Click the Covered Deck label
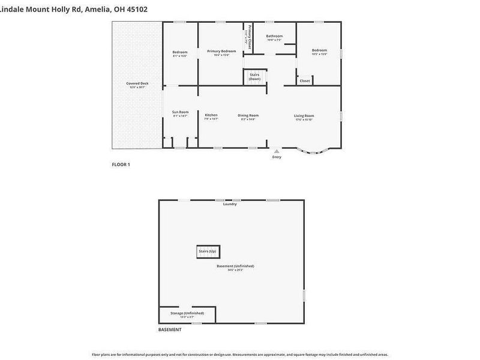(x=137, y=83)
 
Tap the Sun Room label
(x=180, y=112)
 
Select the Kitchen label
(x=211, y=115)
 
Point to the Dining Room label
(x=248, y=115)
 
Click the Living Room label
(x=304, y=116)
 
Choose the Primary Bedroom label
(x=221, y=52)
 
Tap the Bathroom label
(x=274, y=36)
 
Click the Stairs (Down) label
(x=255, y=77)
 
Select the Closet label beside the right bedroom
(x=305, y=80)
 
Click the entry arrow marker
(x=276, y=151)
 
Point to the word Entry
(x=277, y=157)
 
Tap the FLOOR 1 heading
(x=121, y=164)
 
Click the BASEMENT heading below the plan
(x=170, y=330)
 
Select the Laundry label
(x=230, y=204)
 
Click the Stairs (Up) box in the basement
(x=208, y=251)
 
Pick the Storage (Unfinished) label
(x=187, y=313)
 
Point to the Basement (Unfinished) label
(x=236, y=266)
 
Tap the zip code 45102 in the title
(x=136, y=9)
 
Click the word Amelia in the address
(x=97, y=9)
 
